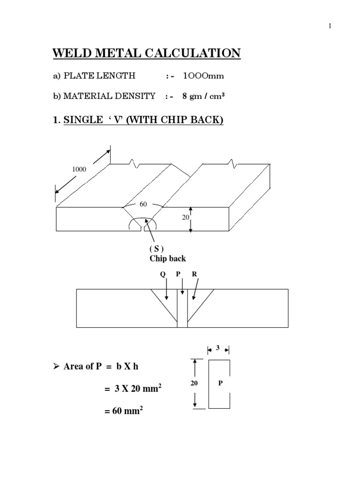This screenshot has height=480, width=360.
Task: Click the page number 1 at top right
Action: (330, 26)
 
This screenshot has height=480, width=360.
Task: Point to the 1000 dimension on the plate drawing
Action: (79, 169)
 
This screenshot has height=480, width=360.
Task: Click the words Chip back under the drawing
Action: (168, 258)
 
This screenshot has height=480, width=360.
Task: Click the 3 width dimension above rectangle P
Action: (218, 348)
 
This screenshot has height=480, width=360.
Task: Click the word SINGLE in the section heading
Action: (80, 120)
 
